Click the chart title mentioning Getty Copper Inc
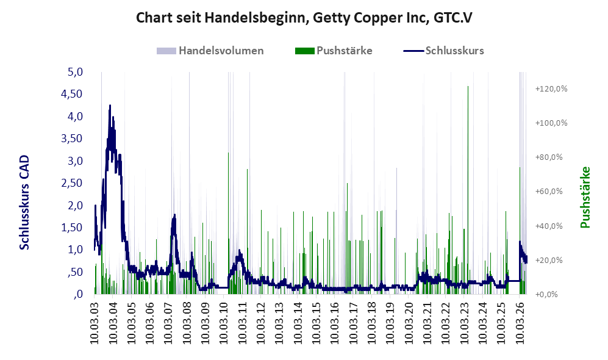tap(304, 18)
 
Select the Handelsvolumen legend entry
tap(210, 51)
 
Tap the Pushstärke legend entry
tap(334, 51)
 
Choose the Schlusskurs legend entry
tap(443, 51)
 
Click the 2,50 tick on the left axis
tap(72, 182)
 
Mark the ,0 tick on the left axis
tap(78, 293)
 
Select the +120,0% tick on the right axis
tap(551, 89)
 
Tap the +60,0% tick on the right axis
tap(549, 191)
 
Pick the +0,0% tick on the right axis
tap(546, 294)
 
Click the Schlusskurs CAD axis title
tap(24, 202)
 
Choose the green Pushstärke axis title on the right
tap(585, 197)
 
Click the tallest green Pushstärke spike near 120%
tap(468, 87)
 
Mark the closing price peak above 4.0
tap(110, 106)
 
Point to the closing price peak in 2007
tap(174, 215)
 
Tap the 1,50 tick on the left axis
tap(72, 227)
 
